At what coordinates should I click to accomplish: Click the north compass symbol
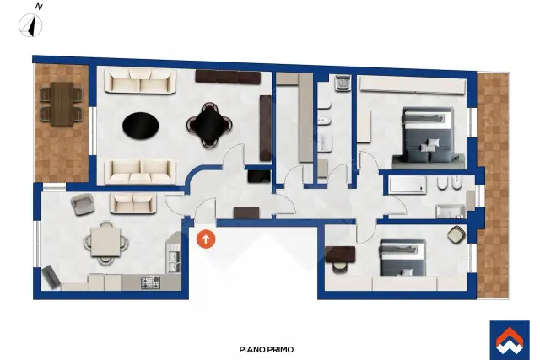click(x=30, y=25)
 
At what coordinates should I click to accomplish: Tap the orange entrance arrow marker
click(x=206, y=239)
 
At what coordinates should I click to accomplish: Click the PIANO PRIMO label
click(x=267, y=349)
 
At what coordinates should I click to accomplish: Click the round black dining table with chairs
click(x=209, y=125)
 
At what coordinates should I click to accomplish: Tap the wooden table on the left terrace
click(x=62, y=104)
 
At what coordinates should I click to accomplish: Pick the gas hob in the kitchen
click(x=150, y=282)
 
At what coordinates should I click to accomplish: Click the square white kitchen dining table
click(x=105, y=242)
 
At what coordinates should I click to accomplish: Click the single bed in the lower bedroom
click(x=402, y=257)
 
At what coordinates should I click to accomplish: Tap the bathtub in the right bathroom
click(x=408, y=185)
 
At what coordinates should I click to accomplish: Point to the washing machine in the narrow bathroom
click(x=343, y=83)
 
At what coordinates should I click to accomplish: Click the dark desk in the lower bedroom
click(x=340, y=254)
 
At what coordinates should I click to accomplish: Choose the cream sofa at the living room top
click(x=141, y=81)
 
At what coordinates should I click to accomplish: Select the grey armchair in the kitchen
click(x=83, y=204)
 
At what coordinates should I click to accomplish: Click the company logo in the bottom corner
click(x=510, y=341)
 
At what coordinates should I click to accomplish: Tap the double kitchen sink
click(x=174, y=261)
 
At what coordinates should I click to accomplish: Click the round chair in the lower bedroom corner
click(x=456, y=234)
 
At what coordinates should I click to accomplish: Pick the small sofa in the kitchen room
click(x=133, y=203)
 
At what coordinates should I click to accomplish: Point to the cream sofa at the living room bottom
click(x=141, y=172)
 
